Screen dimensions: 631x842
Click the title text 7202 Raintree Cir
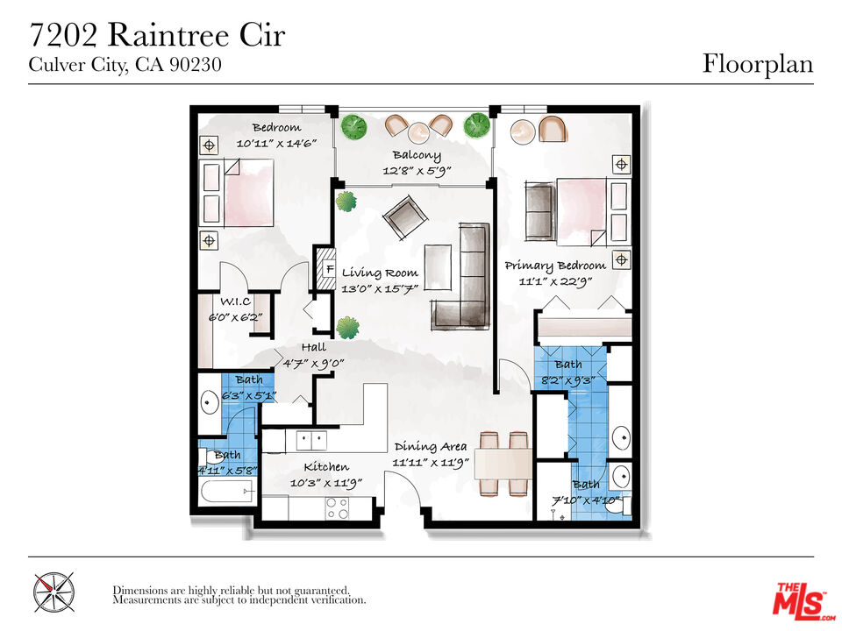[x=157, y=36]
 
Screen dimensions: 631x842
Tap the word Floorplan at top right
[x=757, y=64]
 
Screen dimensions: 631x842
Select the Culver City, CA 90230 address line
[x=125, y=65]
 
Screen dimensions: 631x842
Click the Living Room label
[x=380, y=273]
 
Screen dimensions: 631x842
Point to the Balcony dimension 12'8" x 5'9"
[x=416, y=171]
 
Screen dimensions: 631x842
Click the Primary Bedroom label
[x=554, y=266]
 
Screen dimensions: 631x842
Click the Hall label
[x=313, y=347]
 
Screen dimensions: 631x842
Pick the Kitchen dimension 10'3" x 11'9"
[x=325, y=482]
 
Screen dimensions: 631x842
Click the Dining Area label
[x=430, y=446]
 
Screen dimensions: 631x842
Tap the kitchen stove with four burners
[x=337, y=507]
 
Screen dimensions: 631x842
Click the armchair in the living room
[x=402, y=216]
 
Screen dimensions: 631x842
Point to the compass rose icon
[x=54, y=592]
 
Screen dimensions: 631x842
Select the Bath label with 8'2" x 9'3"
[x=567, y=364]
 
